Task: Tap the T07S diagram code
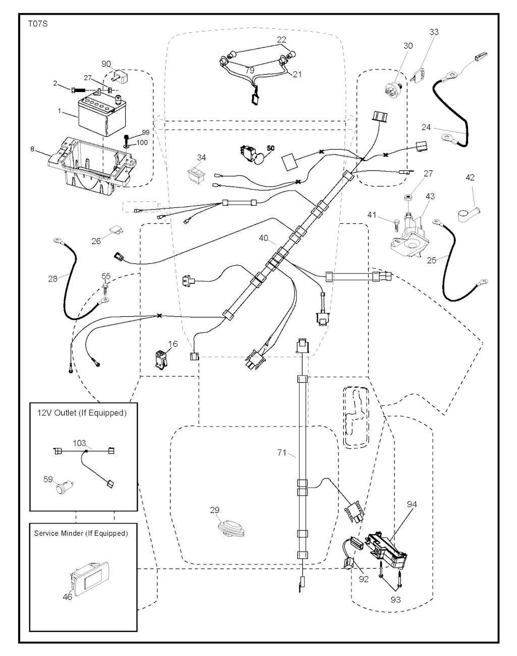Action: pos(38,24)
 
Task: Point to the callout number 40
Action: pos(264,238)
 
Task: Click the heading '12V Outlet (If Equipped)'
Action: pos(81,413)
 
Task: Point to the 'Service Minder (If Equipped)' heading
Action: pos(81,533)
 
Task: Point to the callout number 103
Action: pos(79,442)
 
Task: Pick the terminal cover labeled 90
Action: pos(121,78)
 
